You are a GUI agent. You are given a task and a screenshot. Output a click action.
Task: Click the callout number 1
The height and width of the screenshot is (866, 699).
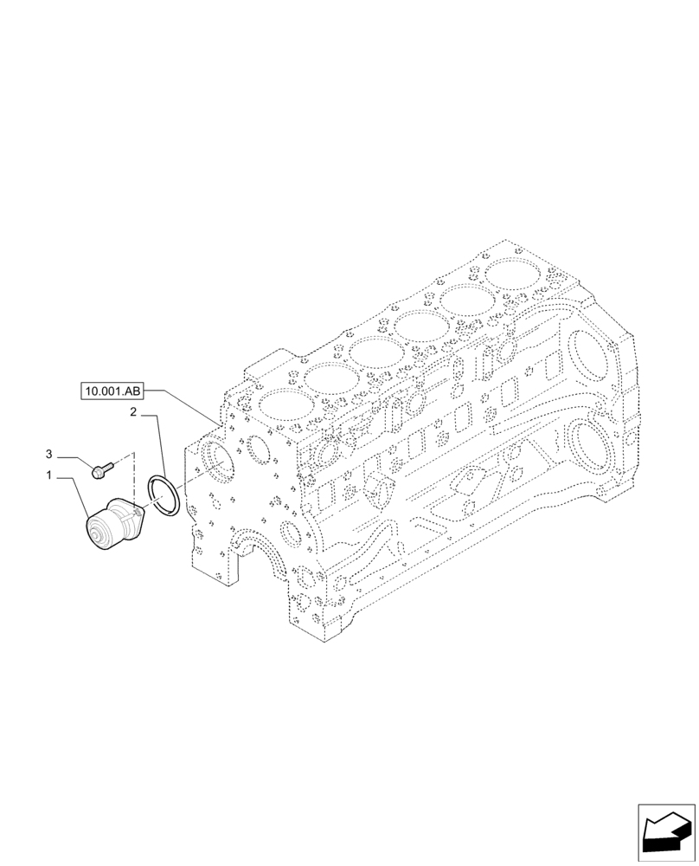(49, 475)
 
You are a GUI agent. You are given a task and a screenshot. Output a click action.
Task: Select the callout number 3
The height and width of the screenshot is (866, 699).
(49, 454)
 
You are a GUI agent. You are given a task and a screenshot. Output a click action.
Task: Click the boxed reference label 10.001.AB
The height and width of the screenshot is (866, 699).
(112, 391)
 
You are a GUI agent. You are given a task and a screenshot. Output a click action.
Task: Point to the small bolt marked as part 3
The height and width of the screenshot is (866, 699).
(101, 470)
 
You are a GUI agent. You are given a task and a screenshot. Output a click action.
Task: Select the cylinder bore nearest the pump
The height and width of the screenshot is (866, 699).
(282, 405)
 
